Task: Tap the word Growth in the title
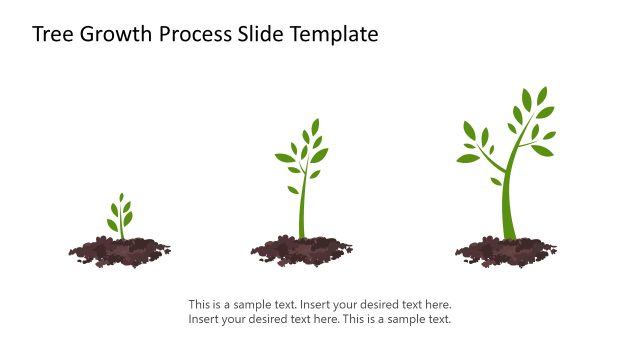109,34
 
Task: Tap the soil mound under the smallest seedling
120,249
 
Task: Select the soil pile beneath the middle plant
301,249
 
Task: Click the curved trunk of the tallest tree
509,200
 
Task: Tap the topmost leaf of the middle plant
315,126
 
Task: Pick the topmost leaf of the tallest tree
542,95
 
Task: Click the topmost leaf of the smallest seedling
121,198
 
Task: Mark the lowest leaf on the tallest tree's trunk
496,181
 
